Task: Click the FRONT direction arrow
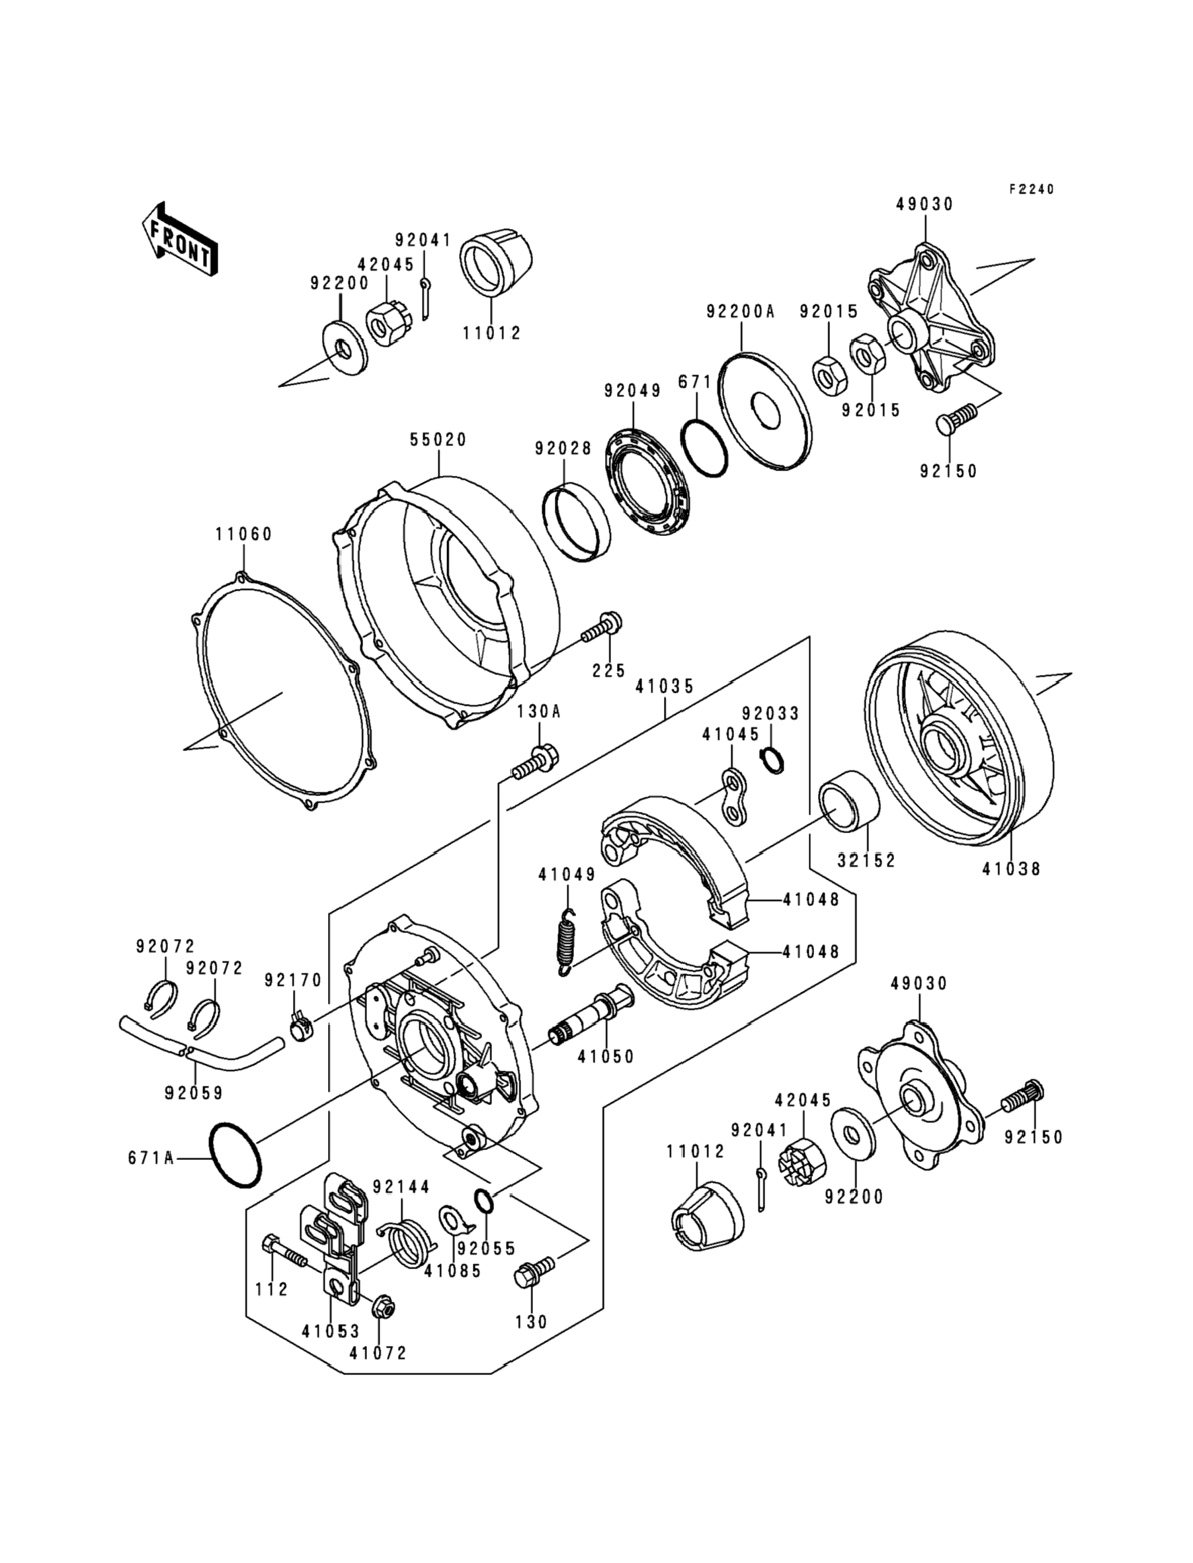tap(180, 239)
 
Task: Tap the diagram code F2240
tap(1032, 189)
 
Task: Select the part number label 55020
tap(438, 440)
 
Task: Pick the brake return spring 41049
tap(567, 942)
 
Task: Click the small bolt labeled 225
tap(603, 627)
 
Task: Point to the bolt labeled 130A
tap(536, 761)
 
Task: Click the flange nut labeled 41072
tap(383, 1306)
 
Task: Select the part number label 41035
tap(665, 686)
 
